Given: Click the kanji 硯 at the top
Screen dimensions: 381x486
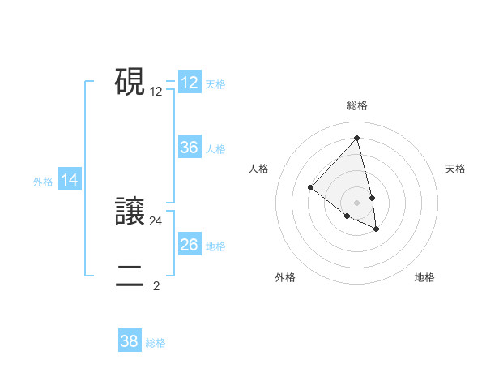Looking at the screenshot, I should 130,83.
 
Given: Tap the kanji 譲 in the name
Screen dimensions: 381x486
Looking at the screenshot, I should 130,213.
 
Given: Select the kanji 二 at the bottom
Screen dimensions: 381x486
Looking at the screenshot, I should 130,276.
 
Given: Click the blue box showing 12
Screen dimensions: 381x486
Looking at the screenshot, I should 190,83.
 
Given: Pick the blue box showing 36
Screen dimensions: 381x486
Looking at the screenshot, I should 190,148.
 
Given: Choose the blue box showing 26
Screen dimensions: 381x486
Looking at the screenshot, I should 190,245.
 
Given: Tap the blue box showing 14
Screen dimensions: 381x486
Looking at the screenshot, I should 70,181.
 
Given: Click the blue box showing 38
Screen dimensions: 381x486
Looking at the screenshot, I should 130,341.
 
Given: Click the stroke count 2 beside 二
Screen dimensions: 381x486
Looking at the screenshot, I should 156,285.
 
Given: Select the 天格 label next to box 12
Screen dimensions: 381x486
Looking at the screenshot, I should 215,84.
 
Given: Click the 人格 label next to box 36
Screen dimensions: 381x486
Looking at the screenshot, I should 215,149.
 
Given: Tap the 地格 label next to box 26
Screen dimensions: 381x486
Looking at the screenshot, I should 215,246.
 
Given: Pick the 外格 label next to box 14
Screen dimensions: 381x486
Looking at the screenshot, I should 43,182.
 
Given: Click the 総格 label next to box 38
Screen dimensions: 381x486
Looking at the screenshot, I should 156,343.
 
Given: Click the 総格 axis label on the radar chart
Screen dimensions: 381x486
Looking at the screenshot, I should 356,105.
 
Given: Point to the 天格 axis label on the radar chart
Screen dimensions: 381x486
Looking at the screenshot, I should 455,169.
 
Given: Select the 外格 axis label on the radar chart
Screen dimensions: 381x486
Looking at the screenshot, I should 285,277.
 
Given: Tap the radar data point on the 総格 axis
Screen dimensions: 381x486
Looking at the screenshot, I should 356,138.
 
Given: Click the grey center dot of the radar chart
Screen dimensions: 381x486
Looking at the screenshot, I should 356,203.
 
